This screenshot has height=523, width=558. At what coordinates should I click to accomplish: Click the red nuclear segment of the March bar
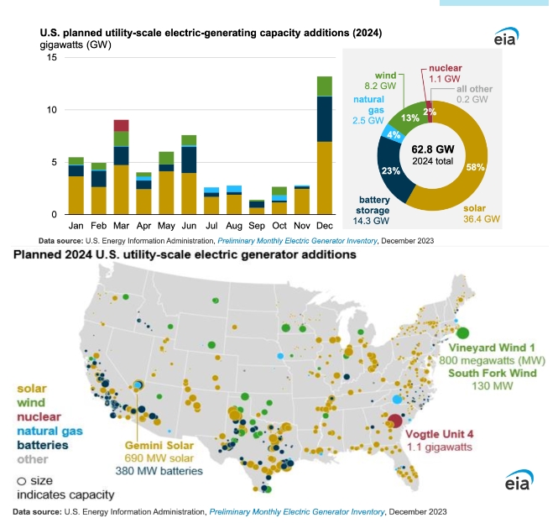(121, 125)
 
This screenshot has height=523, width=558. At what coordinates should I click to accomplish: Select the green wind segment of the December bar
(324, 86)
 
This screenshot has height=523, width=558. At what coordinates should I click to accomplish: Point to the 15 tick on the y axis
(51, 57)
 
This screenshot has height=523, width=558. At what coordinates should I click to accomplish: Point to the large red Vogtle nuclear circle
(394, 421)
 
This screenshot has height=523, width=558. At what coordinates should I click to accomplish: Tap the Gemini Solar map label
(159, 445)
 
